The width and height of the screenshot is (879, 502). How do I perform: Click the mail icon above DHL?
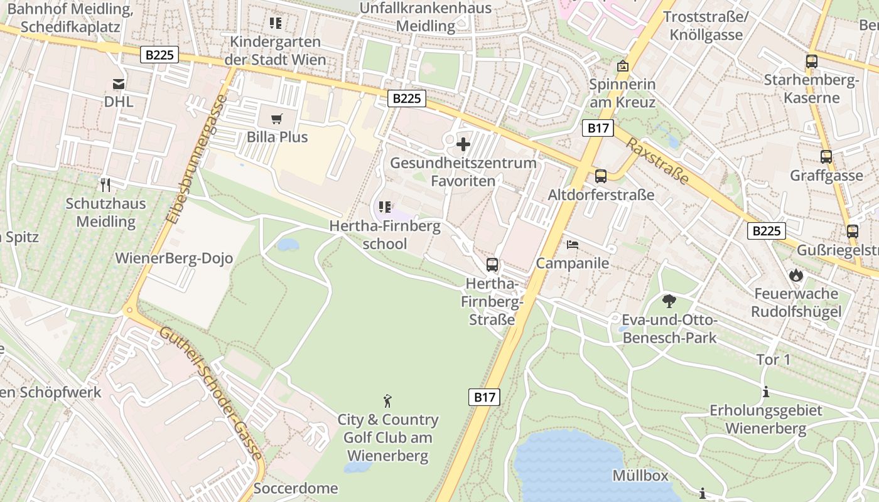click(118, 84)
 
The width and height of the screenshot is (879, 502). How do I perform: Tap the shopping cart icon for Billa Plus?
click(276, 119)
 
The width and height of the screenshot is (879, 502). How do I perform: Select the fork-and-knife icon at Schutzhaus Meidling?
click(105, 185)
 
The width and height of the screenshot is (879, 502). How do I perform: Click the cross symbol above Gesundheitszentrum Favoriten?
click(463, 145)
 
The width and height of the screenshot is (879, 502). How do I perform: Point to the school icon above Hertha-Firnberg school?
click(385, 207)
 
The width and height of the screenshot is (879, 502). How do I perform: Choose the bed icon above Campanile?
click(572, 244)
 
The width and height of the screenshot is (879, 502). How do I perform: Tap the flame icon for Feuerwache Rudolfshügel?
click(796, 275)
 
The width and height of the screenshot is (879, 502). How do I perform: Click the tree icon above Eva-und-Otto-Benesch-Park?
click(669, 301)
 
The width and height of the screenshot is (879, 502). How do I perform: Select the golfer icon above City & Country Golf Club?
click(387, 400)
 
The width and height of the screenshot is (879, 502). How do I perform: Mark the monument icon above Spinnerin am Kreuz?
click(622, 66)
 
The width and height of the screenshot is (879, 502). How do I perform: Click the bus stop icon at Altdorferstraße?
click(600, 176)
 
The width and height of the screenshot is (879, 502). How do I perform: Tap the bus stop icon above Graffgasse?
click(826, 157)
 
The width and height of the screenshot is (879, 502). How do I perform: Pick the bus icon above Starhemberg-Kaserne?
click(811, 61)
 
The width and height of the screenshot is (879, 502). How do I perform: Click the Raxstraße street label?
click(657, 161)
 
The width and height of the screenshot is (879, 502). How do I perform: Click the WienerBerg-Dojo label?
click(174, 259)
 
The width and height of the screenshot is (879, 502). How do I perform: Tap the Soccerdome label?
click(296, 488)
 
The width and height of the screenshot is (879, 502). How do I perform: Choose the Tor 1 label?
click(774, 360)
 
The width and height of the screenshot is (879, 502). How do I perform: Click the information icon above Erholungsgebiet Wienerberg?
click(765, 393)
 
